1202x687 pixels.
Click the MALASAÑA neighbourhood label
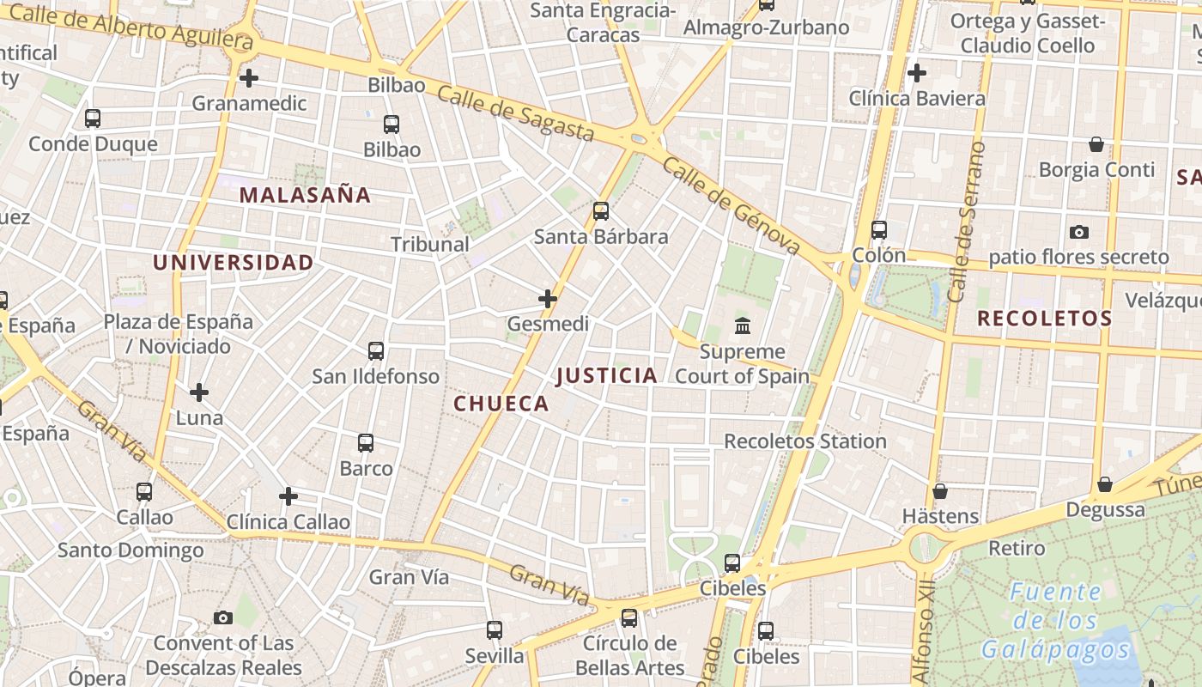click(x=305, y=195)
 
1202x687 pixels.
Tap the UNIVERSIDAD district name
click(x=233, y=263)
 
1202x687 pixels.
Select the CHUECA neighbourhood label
click(x=501, y=404)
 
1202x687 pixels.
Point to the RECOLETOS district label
click(x=1044, y=319)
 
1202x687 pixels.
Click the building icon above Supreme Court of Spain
click(x=743, y=326)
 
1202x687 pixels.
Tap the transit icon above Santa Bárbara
click(x=601, y=210)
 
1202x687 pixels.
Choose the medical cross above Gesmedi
click(x=548, y=299)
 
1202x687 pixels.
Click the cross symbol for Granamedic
click(x=249, y=78)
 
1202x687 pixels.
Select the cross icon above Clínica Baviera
click(x=917, y=73)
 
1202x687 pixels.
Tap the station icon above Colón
click(x=879, y=230)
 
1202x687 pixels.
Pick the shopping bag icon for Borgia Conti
click(x=1096, y=144)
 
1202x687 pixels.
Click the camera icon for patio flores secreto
click(x=1079, y=232)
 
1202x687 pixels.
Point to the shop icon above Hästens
click(x=940, y=491)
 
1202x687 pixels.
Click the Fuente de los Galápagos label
click(x=1055, y=620)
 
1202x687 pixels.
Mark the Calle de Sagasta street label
click(x=515, y=112)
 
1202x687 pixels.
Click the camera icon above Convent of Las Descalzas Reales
click(x=223, y=617)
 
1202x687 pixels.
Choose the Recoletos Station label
click(x=805, y=441)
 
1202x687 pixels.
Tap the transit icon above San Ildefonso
click(x=376, y=350)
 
